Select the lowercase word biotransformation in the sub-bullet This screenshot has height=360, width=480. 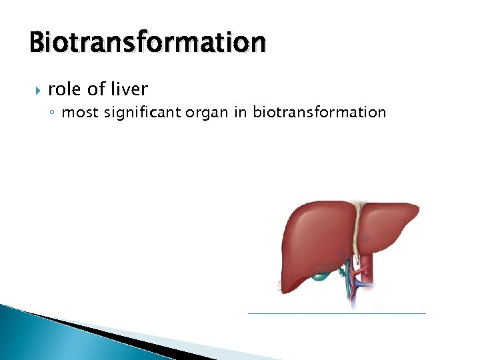(319, 113)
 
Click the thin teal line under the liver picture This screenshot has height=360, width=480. (336, 313)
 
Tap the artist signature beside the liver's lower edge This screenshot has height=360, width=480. (279, 283)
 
